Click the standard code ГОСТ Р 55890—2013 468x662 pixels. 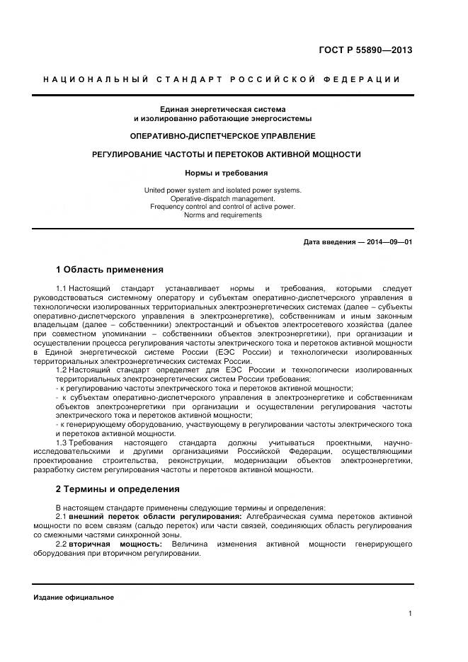[x=365, y=50]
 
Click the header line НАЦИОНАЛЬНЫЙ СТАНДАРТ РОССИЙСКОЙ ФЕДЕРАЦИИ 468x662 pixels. [x=222, y=79]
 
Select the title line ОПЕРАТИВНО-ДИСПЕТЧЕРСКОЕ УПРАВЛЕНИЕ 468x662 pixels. [x=222, y=135]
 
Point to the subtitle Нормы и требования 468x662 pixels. [x=222, y=173]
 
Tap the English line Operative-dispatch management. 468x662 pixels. [x=222, y=199]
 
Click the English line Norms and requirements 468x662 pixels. [x=222, y=215]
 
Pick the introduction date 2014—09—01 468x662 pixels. [x=389, y=242]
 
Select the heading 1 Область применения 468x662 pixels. [x=110, y=270]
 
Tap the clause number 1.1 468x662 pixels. [x=61, y=289]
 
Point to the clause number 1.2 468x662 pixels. [x=61, y=370]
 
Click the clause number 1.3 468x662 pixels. [x=61, y=443]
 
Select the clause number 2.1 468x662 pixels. [x=61, y=518]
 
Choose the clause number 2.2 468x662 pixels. [x=61, y=544]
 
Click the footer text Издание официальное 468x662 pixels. [x=74, y=598]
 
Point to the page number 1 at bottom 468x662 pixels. [x=411, y=614]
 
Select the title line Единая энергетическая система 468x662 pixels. [x=222, y=109]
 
